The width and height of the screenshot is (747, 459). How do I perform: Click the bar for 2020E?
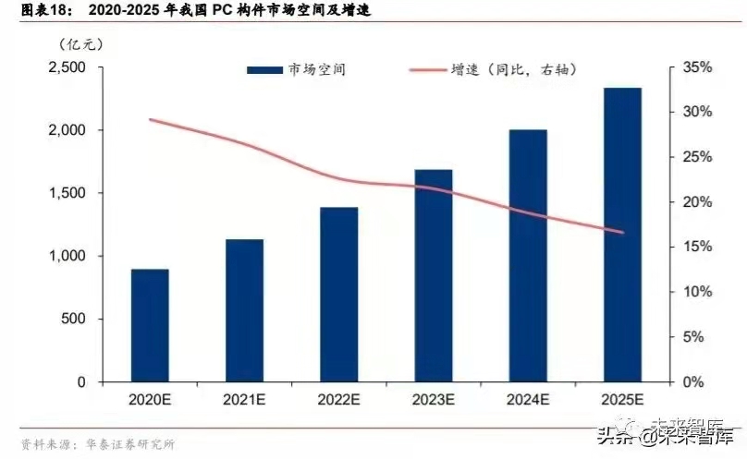point(150,325)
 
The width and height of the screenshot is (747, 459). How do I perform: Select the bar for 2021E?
point(244,310)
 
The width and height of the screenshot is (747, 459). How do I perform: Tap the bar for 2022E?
point(339,294)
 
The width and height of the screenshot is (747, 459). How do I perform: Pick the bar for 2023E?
point(434,275)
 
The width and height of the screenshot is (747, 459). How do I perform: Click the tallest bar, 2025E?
point(622,235)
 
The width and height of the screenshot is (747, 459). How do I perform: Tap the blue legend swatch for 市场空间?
point(265,70)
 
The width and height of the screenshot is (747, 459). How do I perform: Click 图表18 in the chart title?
point(31,11)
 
